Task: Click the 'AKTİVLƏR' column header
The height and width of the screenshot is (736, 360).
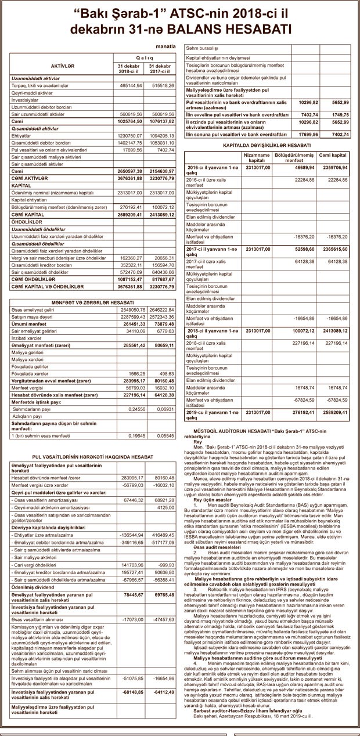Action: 63,67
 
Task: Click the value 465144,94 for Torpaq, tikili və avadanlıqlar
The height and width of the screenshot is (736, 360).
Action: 131,85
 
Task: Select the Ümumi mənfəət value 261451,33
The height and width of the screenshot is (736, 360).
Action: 131,324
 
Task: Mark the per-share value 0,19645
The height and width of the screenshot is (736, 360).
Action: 135,435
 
